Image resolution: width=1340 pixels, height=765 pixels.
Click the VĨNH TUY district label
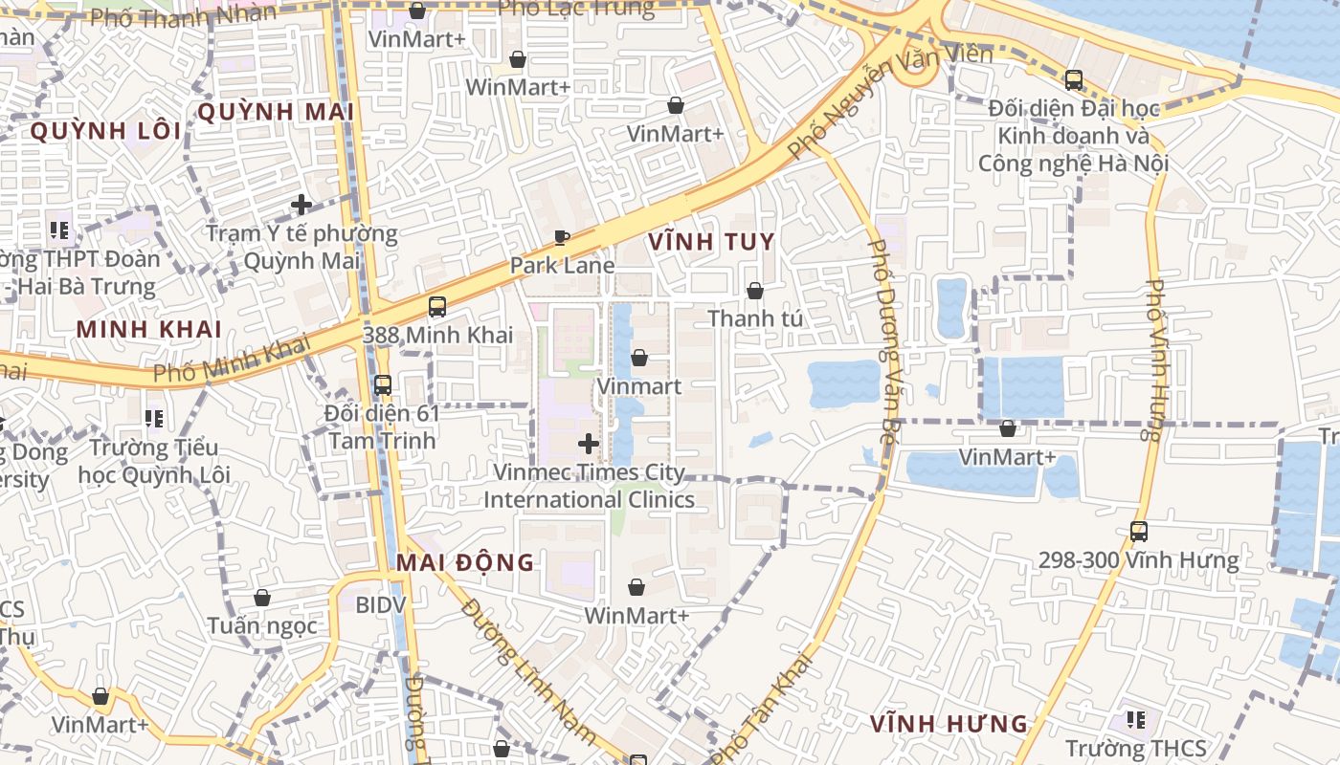tap(711, 242)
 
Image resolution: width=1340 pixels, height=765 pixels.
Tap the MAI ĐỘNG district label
tap(465, 562)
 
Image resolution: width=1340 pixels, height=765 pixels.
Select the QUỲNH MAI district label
tap(276, 112)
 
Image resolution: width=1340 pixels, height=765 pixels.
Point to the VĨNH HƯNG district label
tap(949, 724)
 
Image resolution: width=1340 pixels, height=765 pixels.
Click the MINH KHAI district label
tap(149, 329)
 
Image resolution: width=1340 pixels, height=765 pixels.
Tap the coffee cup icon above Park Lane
tap(562, 237)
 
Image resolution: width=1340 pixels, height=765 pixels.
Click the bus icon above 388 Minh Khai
tap(437, 307)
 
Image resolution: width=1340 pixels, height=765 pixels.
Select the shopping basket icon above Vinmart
tap(638, 359)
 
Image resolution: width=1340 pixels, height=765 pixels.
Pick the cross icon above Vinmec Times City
tap(589, 444)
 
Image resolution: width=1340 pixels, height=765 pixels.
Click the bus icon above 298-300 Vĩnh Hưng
tap(1138, 532)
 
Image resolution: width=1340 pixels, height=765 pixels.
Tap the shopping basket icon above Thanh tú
tap(755, 291)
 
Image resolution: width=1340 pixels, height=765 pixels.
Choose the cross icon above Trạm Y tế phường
tap(301, 205)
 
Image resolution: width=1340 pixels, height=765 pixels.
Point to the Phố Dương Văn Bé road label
tap(885, 334)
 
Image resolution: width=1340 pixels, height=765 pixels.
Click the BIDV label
tap(381, 604)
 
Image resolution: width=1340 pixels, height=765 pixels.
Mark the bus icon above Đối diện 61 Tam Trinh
tap(383, 385)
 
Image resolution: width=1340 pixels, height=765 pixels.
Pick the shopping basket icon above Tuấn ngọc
tap(261, 599)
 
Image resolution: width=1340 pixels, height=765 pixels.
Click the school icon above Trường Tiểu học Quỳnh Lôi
tap(153, 419)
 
